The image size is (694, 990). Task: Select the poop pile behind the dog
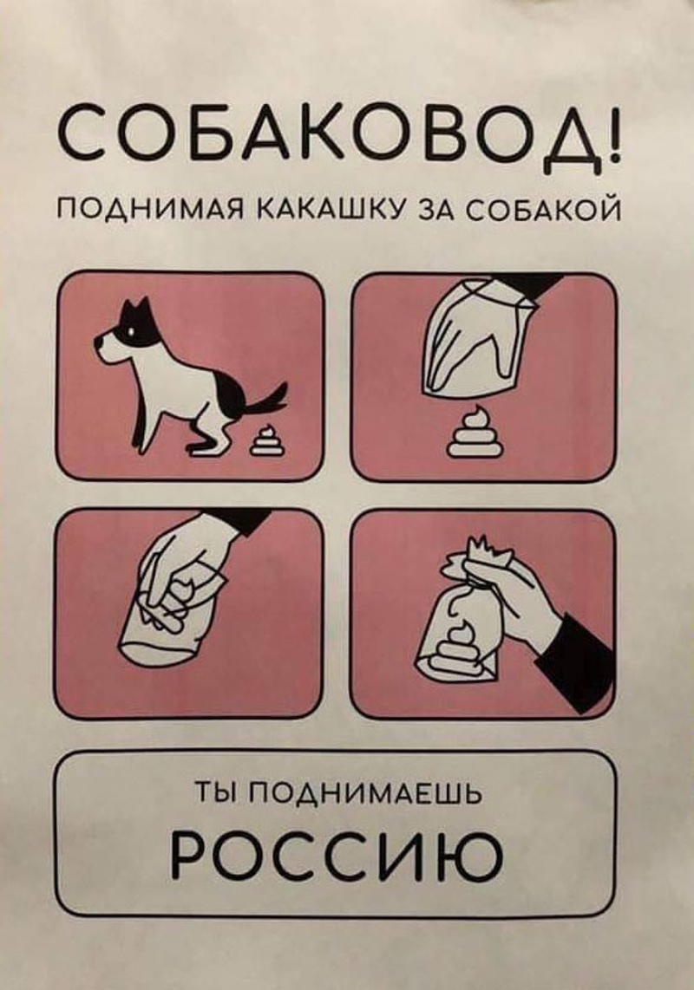point(267,441)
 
